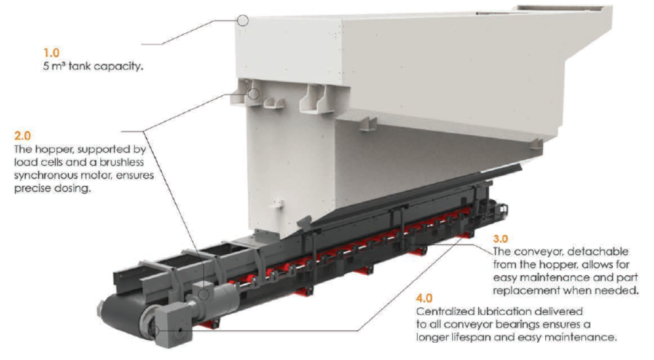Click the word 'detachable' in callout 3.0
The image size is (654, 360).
(x=597, y=252)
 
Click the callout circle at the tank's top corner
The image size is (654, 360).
(x=243, y=21)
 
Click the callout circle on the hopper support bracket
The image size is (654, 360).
(x=254, y=94)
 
